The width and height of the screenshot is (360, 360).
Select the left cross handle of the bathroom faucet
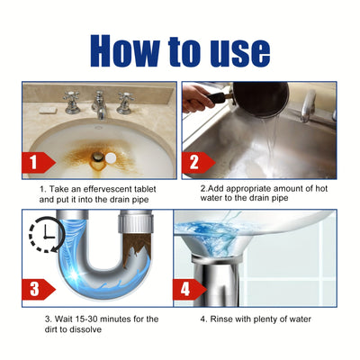(71, 100)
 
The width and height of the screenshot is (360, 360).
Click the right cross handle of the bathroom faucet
(124, 100)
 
